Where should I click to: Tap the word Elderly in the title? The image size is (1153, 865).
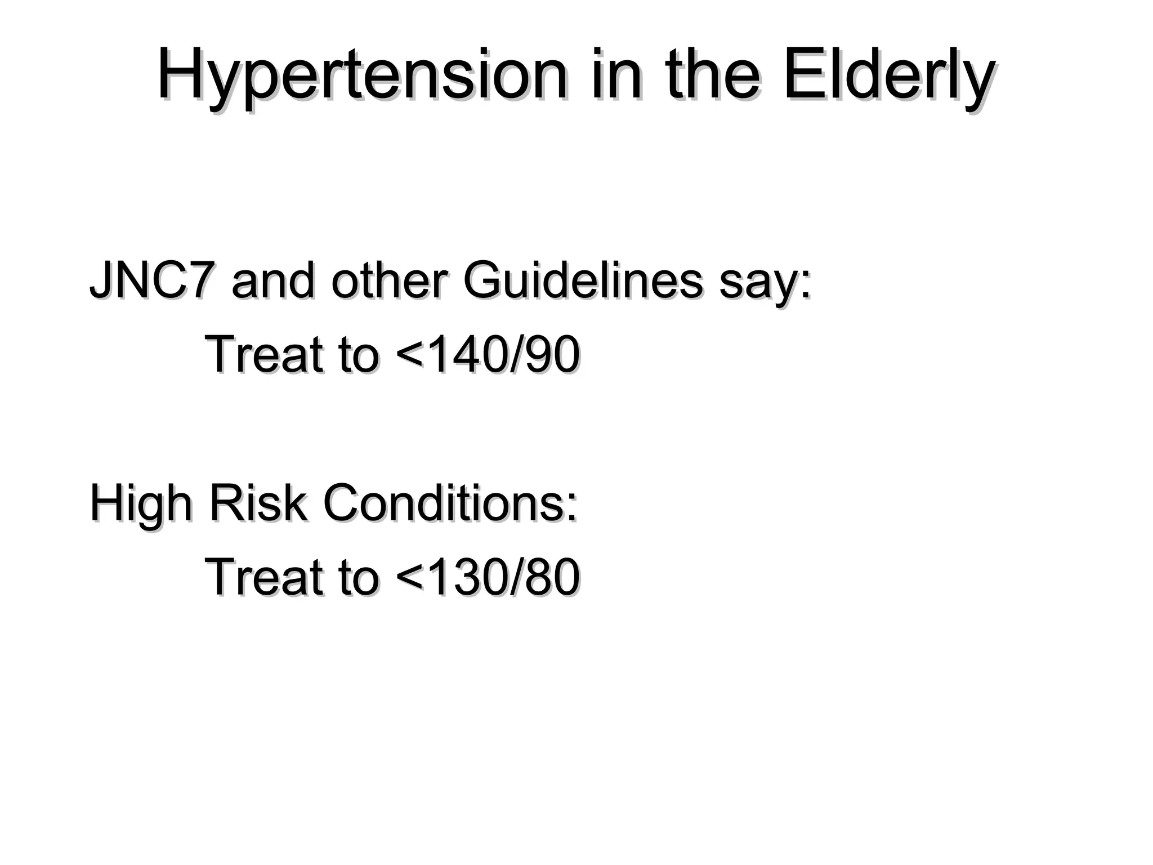click(x=887, y=77)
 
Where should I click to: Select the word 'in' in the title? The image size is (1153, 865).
click(x=616, y=77)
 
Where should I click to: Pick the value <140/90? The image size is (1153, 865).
click(x=488, y=354)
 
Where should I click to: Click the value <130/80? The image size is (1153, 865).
click(x=488, y=577)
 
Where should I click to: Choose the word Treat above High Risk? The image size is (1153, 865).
click(x=264, y=354)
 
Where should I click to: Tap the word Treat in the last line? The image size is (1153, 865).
click(x=264, y=577)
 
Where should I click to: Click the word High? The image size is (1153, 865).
click(x=141, y=504)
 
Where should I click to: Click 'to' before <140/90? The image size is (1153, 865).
click(x=359, y=355)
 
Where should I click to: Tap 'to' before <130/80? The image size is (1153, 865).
click(x=359, y=578)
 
